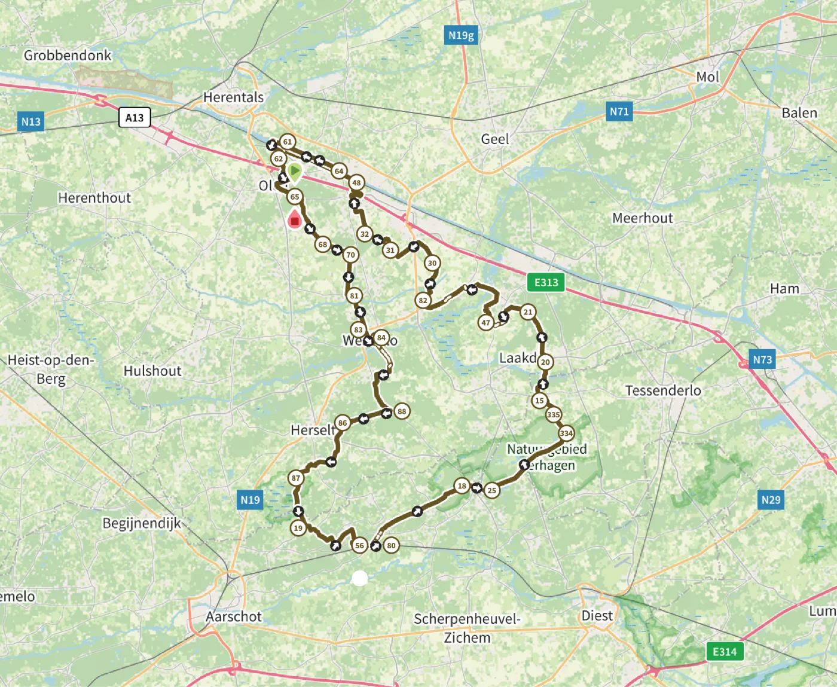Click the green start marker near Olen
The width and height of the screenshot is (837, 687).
(294, 172)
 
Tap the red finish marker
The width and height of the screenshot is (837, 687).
(294, 219)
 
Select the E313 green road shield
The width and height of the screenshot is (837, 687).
(546, 282)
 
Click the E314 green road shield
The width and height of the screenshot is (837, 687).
(725, 651)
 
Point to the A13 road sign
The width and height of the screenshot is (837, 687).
(135, 117)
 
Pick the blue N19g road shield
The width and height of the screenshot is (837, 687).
(461, 35)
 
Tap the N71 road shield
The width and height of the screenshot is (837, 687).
(619, 111)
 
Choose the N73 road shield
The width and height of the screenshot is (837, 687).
(762, 359)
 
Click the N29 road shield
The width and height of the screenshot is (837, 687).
(771, 499)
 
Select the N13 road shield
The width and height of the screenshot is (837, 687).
(31, 122)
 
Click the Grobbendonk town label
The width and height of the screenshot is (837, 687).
(68, 56)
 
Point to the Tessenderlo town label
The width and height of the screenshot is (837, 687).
(663, 390)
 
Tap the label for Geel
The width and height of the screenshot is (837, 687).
(495, 139)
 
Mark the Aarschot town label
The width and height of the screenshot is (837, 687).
(234, 616)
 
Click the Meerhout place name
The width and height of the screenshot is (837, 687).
(642, 218)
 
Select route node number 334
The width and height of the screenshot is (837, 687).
(566, 433)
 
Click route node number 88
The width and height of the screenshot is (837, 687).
(402, 411)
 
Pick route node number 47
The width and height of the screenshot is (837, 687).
(485, 323)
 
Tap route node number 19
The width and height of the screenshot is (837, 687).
(298, 528)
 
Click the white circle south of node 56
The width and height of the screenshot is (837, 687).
(359, 578)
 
